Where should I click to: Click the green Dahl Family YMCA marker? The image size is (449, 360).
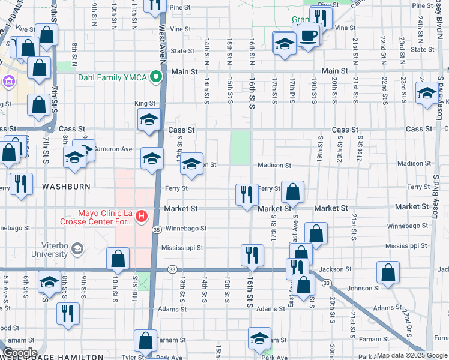pos(156,77)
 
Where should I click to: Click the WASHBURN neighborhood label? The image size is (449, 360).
pos(66,187)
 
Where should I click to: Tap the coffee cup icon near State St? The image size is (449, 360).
pos(309,35)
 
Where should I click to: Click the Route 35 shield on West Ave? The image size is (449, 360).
pos(156,229)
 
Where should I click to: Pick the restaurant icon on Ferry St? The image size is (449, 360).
pos(247,194)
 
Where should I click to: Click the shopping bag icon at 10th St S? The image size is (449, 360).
pos(118,259)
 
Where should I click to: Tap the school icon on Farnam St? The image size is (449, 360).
pos(259,338)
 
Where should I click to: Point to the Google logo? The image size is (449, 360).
pos(20,353)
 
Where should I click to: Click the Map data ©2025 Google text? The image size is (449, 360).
pos(412,355)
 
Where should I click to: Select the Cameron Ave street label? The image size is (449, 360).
pos(113,149)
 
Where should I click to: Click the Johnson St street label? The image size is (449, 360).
pos(364,288)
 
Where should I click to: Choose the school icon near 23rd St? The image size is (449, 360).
pos(427,93)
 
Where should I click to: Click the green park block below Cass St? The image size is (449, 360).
pos(241,148)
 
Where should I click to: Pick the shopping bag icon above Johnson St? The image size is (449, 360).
pos(388,272)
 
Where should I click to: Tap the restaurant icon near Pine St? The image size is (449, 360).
pos(321,17)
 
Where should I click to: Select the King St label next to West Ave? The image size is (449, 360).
pos(145,103)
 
